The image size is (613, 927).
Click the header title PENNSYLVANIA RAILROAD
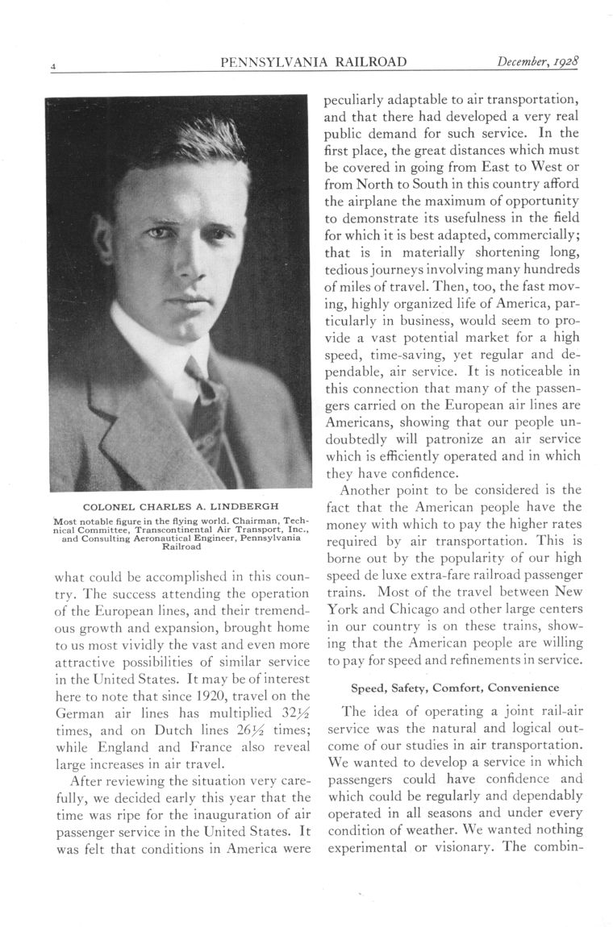click(313, 62)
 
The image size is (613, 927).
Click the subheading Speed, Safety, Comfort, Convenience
click(455, 688)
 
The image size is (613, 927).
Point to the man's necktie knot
click(197, 372)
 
